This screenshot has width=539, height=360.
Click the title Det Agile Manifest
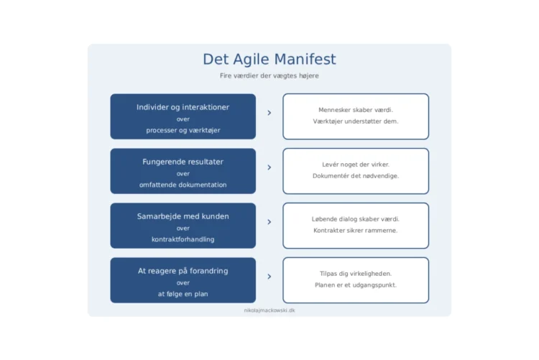[x=269, y=60]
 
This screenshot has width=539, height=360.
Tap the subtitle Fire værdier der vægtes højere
[x=269, y=75]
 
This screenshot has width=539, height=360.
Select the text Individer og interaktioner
[x=183, y=107]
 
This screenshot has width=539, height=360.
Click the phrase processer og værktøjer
[x=183, y=130]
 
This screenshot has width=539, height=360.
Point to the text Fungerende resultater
[x=183, y=162]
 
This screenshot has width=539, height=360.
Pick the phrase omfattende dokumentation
[x=183, y=185]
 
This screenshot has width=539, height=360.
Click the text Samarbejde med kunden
[x=183, y=216]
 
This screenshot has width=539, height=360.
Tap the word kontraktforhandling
[x=183, y=239]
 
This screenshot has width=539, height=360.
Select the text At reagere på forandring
[x=183, y=271]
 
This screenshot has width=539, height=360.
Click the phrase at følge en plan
[x=183, y=294]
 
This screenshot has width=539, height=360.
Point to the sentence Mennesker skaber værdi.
[x=356, y=110]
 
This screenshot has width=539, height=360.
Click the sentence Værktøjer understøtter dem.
[x=356, y=121]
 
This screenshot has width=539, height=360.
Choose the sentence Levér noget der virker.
[x=356, y=165]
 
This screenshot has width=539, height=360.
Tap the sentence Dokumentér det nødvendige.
[x=356, y=176]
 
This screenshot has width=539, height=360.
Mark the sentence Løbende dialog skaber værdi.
[x=356, y=219]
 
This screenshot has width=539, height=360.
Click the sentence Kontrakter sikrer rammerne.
[x=356, y=231]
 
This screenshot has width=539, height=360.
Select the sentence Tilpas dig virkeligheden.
[x=356, y=274]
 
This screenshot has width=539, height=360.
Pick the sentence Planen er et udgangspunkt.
[x=356, y=285]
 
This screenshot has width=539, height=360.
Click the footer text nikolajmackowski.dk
[x=269, y=310]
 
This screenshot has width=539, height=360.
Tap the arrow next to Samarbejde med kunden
[x=269, y=222]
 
